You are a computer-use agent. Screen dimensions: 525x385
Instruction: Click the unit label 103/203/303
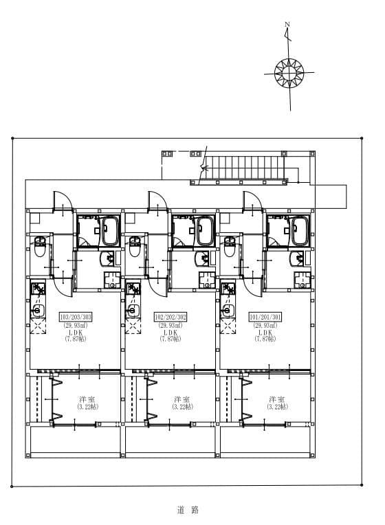[76, 317]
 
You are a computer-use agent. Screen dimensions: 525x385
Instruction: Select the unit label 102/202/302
[170, 317]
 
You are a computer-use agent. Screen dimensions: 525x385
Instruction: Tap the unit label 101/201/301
[265, 317]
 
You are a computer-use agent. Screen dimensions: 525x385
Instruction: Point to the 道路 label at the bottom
[187, 510]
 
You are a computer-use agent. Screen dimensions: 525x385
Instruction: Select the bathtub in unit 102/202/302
[205, 232]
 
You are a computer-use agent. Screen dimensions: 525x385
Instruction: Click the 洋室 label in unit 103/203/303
[87, 399]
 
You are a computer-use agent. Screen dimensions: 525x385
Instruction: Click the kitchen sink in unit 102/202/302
[131, 310]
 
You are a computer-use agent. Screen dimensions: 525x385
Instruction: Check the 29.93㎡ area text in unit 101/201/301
[265, 325]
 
